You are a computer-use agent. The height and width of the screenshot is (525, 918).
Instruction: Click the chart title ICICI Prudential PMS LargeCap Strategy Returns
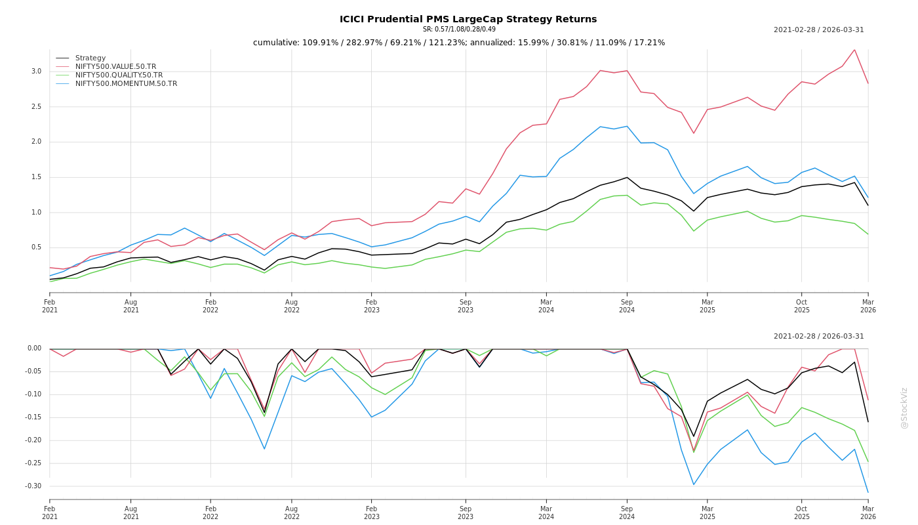468,20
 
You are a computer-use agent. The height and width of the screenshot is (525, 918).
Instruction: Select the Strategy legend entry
90,58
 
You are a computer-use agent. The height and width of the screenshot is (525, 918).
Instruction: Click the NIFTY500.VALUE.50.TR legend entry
115,67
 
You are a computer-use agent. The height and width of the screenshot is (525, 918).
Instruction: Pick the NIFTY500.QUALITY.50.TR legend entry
119,75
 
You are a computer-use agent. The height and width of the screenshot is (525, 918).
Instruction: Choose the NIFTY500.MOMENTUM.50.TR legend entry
126,84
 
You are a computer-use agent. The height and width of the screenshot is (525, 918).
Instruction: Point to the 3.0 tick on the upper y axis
36,72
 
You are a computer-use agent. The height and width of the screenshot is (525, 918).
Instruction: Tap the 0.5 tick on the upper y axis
36,247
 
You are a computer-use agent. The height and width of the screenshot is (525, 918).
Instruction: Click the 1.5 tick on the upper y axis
36,177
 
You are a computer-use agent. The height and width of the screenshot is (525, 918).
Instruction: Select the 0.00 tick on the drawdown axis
34,348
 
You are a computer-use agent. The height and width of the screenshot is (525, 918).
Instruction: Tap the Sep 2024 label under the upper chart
627,306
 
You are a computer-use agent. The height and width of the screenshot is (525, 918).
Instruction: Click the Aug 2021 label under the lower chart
131,513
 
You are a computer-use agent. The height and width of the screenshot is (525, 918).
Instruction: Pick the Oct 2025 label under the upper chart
801,306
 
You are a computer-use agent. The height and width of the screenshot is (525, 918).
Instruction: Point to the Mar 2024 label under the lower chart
546,513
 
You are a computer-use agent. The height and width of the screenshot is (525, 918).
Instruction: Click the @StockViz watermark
904,408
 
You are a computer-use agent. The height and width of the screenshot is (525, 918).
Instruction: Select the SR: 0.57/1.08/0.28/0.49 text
459,30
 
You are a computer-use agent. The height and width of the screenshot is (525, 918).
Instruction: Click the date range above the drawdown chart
818,337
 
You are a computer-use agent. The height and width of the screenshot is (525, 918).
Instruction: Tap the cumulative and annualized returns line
459,43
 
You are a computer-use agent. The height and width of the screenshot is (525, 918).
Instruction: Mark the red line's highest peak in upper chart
854,50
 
